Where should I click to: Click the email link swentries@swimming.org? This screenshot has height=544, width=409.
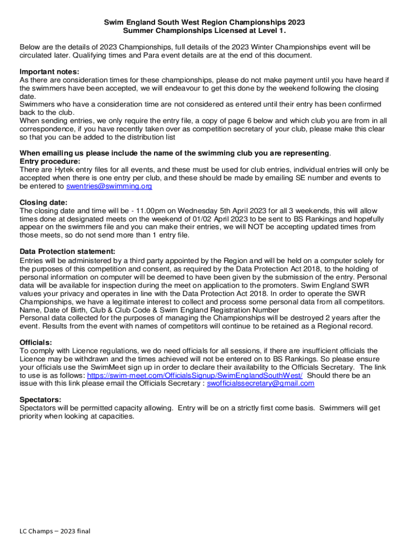coord(109,186)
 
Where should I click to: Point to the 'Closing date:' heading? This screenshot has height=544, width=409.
coord(44,202)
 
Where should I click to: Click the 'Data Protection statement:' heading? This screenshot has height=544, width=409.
coord(67,251)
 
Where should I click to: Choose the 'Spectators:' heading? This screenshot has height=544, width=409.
coord(40,399)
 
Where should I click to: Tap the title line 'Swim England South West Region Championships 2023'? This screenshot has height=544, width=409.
coord(204,23)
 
